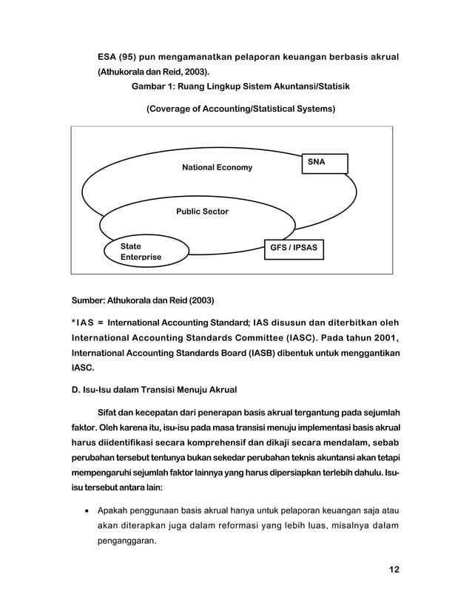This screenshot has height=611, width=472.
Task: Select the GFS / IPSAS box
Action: click(x=294, y=248)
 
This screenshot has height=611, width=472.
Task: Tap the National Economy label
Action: click(x=217, y=168)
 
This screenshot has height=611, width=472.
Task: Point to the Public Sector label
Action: click(x=202, y=212)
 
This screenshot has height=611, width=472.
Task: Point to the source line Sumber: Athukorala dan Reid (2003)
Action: click(x=142, y=301)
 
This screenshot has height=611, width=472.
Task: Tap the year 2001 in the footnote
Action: click(x=386, y=338)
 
